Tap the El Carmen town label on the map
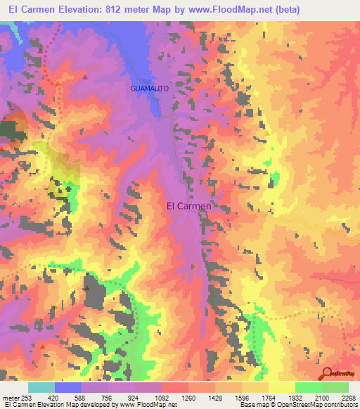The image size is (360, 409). pyautogui.click(x=188, y=207)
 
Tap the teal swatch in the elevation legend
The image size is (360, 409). pyautogui.click(x=41, y=387)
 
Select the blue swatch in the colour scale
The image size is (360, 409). pyautogui.click(x=68, y=387)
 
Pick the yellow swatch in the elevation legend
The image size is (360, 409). pyautogui.click(x=282, y=387)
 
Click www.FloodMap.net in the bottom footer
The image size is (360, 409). pyautogui.click(x=148, y=405)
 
